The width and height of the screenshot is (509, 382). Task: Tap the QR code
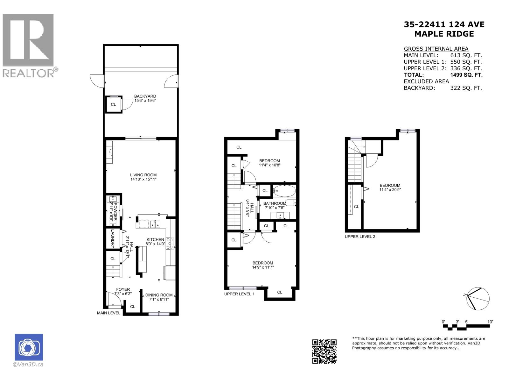[324, 351]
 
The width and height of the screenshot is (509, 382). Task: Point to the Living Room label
[143, 175]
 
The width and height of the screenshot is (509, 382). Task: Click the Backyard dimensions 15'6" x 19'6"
[145, 101]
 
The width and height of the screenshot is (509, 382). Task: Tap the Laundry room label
[113, 239]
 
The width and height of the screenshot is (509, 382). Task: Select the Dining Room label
[159, 295]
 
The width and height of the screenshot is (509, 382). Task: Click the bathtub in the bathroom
[284, 191]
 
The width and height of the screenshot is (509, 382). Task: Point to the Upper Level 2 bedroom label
[390, 185]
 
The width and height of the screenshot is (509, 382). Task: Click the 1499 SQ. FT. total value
[466, 75]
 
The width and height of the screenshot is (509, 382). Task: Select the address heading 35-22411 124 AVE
[444, 25]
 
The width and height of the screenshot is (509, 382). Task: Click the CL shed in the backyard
[113, 104]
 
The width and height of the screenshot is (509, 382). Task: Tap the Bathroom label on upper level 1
[275, 203]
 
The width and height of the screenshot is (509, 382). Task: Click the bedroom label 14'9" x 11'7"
[263, 267]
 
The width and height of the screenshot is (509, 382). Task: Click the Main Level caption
[108, 313]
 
